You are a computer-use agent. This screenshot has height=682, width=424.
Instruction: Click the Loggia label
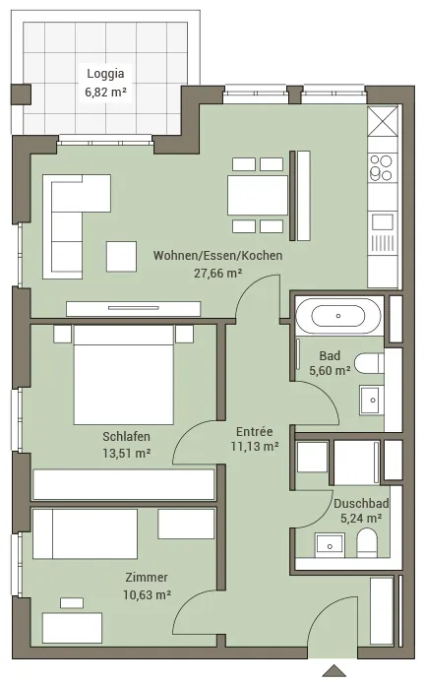(x=105, y=74)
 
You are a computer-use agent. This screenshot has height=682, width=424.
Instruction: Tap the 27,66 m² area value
(x=217, y=274)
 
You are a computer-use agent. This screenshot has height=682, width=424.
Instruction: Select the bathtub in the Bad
(x=338, y=316)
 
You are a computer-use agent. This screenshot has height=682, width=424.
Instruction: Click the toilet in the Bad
(x=369, y=363)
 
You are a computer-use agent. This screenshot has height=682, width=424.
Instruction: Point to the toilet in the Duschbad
(x=368, y=543)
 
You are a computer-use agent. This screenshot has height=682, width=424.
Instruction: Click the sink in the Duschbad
(x=331, y=546)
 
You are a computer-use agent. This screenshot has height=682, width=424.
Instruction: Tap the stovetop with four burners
(x=382, y=167)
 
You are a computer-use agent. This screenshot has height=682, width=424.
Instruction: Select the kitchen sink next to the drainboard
(x=383, y=221)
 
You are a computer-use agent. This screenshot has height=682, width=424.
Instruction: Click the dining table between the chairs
(x=258, y=195)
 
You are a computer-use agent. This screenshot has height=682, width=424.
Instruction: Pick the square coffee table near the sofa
(x=121, y=257)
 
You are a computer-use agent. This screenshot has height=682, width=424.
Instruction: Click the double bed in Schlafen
(x=124, y=375)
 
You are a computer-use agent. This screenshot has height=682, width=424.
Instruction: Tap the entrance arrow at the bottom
(x=333, y=671)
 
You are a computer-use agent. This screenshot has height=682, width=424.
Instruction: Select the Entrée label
(x=255, y=431)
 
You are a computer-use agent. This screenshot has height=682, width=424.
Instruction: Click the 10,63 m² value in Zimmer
(x=147, y=594)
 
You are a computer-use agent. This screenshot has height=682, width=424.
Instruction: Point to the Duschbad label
(x=361, y=503)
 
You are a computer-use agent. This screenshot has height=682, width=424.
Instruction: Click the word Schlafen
(x=126, y=436)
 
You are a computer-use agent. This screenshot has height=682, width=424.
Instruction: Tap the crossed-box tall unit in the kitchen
(x=383, y=120)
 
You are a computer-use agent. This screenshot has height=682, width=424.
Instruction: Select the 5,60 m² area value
(x=331, y=371)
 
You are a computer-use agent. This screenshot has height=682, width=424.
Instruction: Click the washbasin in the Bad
(x=372, y=400)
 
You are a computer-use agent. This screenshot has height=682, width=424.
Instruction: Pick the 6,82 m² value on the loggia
(x=106, y=93)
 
